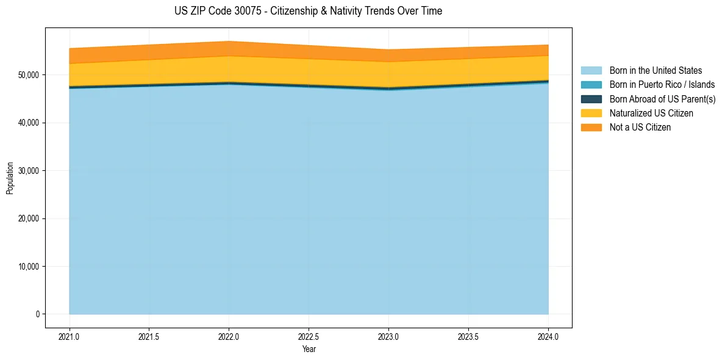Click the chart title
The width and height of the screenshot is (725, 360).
point(308,11)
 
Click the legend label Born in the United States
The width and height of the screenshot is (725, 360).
point(655,71)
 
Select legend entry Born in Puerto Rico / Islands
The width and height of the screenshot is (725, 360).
point(662,85)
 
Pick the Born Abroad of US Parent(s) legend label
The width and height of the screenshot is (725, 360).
point(662,99)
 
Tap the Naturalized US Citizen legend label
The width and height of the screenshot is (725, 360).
point(651,113)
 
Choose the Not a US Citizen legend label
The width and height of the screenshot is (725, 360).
point(640,127)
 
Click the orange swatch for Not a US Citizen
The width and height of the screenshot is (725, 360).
point(591,127)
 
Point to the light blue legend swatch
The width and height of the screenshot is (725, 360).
point(591,71)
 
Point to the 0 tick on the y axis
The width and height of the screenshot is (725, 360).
point(37,314)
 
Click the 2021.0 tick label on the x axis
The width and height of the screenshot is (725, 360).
point(70,336)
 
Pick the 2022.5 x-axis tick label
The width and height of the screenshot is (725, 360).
point(309,336)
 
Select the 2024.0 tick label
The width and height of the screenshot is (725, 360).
point(548,336)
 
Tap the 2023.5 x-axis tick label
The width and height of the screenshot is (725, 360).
point(468,336)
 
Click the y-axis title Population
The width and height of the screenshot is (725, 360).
point(10,178)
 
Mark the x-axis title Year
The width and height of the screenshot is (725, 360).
point(309,349)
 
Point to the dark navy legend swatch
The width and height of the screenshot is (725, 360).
point(591,99)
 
